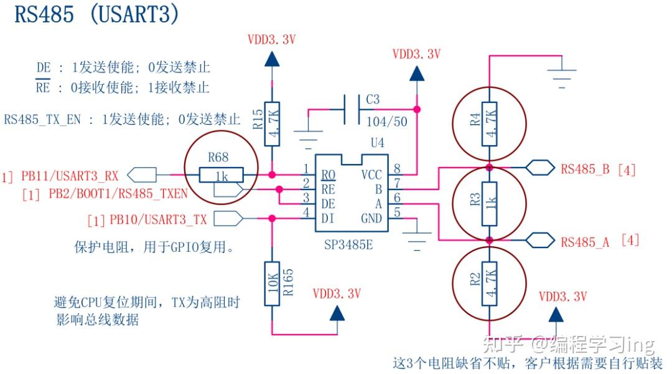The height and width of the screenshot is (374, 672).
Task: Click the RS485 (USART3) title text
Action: (96, 15)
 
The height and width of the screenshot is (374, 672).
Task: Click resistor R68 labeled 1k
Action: (221, 175)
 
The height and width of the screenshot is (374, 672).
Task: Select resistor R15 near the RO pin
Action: (272, 123)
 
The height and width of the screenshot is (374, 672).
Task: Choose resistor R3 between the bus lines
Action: (489, 203)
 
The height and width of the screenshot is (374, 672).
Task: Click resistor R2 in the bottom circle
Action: (489, 284)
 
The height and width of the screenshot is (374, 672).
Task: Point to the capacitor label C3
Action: (373, 100)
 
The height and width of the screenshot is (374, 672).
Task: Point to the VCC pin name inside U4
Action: (371, 175)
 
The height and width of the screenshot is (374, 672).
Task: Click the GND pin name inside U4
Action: (371, 218)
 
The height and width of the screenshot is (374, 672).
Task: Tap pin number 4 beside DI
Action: (305, 213)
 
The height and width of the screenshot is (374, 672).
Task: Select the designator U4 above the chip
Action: (377, 143)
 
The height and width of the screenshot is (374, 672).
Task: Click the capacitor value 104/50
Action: (386, 122)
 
